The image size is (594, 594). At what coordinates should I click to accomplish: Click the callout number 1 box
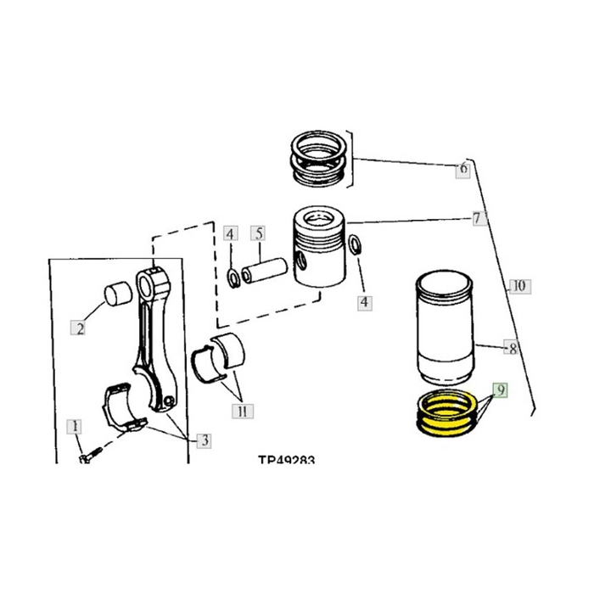(x=76, y=425)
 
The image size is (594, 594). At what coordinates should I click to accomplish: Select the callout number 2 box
(x=80, y=328)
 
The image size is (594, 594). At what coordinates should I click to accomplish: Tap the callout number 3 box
(x=204, y=440)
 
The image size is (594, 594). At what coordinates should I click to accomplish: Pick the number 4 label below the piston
(x=364, y=301)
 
